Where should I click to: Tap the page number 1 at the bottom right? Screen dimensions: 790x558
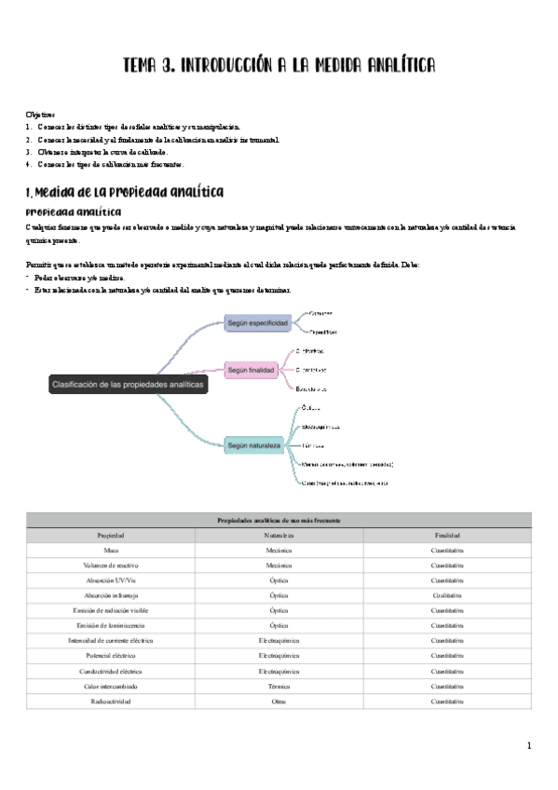(529, 745)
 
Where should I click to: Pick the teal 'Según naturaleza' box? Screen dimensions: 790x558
(254, 446)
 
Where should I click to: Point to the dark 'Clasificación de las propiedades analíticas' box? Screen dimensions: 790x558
(129, 384)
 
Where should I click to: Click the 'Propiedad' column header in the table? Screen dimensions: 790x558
(111, 536)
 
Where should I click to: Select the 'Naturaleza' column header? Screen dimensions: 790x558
(279, 536)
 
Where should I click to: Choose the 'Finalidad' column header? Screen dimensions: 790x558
(447, 536)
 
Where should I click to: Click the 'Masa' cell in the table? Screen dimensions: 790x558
(111, 551)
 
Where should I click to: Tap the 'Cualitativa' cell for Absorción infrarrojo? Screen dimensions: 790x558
(447, 595)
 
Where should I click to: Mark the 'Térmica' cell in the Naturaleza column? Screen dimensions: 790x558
(279, 686)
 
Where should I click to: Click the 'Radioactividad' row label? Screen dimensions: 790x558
(111, 701)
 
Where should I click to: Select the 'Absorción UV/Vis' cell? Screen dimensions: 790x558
(111, 580)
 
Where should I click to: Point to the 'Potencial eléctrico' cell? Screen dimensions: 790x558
(111, 656)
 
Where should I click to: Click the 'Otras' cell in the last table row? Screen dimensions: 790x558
(279, 701)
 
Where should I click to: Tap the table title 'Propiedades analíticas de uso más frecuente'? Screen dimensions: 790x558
(279, 520)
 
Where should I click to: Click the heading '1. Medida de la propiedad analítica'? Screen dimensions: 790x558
(124, 192)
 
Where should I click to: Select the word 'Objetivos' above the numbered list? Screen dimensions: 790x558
(41, 114)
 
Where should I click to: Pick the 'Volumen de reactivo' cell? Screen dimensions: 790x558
(111, 565)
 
